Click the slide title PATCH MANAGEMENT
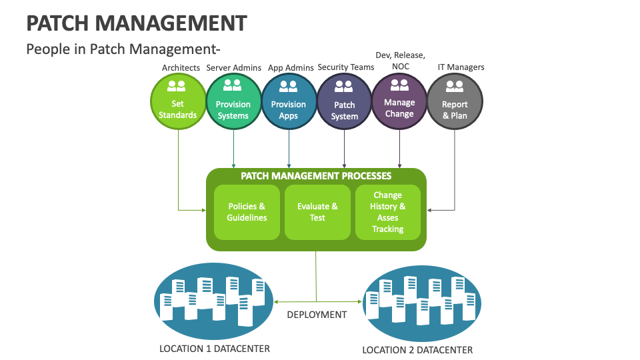pyautogui.click(x=136, y=23)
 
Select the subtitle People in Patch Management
pyautogui.click(x=123, y=49)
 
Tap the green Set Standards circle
pyautogui.click(x=178, y=101)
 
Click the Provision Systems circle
pyautogui.click(x=233, y=101)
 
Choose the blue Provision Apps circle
pyautogui.click(x=289, y=101)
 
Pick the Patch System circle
pyautogui.click(x=345, y=101)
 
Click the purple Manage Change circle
pyautogui.click(x=399, y=101)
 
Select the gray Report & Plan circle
pyautogui.click(x=455, y=101)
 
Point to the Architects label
pyautogui.click(x=181, y=67)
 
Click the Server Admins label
pyautogui.click(x=233, y=67)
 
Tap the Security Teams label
pyautogui.click(x=345, y=67)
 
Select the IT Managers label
pyautogui.click(x=461, y=67)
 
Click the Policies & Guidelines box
pyautogui.click(x=247, y=212)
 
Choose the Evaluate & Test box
pyautogui.click(x=317, y=212)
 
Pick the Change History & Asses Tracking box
pyautogui.click(x=388, y=212)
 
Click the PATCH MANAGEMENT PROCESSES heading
pyautogui.click(x=316, y=176)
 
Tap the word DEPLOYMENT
pyautogui.click(x=317, y=314)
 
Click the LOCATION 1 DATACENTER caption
pyautogui.click(x=215, y=349)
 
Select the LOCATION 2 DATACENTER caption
pyautogui.click(x=417, y=350)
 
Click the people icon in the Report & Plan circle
pyautogui.click(x=455, y=86)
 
